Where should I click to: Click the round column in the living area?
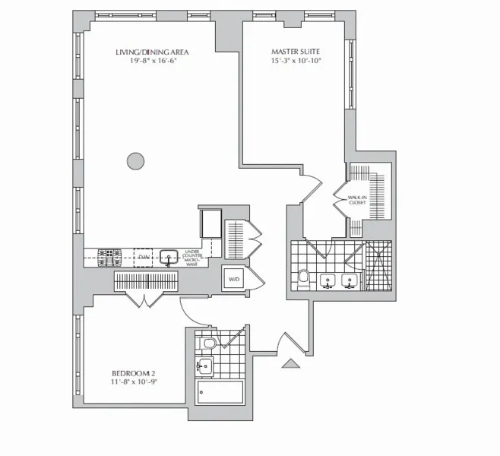(x=134, y=160)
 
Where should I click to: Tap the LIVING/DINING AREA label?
(x=151, y=52)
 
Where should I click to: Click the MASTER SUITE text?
(x=296, y=52)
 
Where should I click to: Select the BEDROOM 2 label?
(x=133, y=373)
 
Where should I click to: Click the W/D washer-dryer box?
(x=233, y=279)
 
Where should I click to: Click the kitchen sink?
(x=169, y=256)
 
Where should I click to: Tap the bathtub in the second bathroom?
(x=220, y=392)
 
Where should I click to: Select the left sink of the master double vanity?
(x=328, y=281)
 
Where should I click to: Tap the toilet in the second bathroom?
(x=208, y=344)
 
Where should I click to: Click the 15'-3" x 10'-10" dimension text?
(x=296, y=61)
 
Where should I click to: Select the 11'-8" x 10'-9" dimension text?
(x=133, y=383)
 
